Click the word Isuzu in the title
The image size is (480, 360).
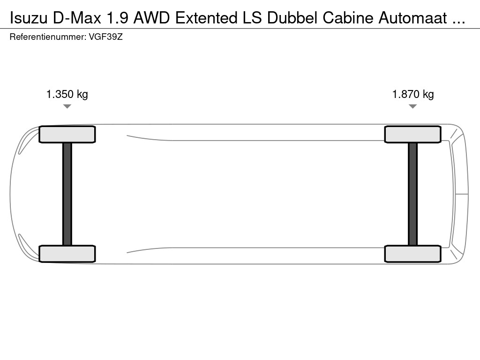point(29,18)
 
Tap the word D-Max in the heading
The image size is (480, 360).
point(77,18)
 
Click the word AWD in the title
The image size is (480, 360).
point(151,18)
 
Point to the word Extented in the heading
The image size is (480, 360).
point(206,18)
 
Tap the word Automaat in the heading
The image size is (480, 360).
point(412,18)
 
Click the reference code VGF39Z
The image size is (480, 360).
point(105,37)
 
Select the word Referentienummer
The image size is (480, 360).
point(48,37)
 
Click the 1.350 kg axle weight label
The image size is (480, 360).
point(67,94)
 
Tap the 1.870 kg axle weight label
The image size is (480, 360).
point(413,94)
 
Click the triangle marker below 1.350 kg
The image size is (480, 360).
point(67,106)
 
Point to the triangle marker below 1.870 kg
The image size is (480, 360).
point(412,106)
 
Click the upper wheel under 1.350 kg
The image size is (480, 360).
point(67,135)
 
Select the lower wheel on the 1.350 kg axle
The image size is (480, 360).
point(67,254)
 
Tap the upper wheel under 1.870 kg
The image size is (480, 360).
point(412,135)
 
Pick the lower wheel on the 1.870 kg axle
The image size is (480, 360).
point(412,254)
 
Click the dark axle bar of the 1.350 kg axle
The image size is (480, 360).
point(67,194)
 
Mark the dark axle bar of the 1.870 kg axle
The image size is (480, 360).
point(412,194)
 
